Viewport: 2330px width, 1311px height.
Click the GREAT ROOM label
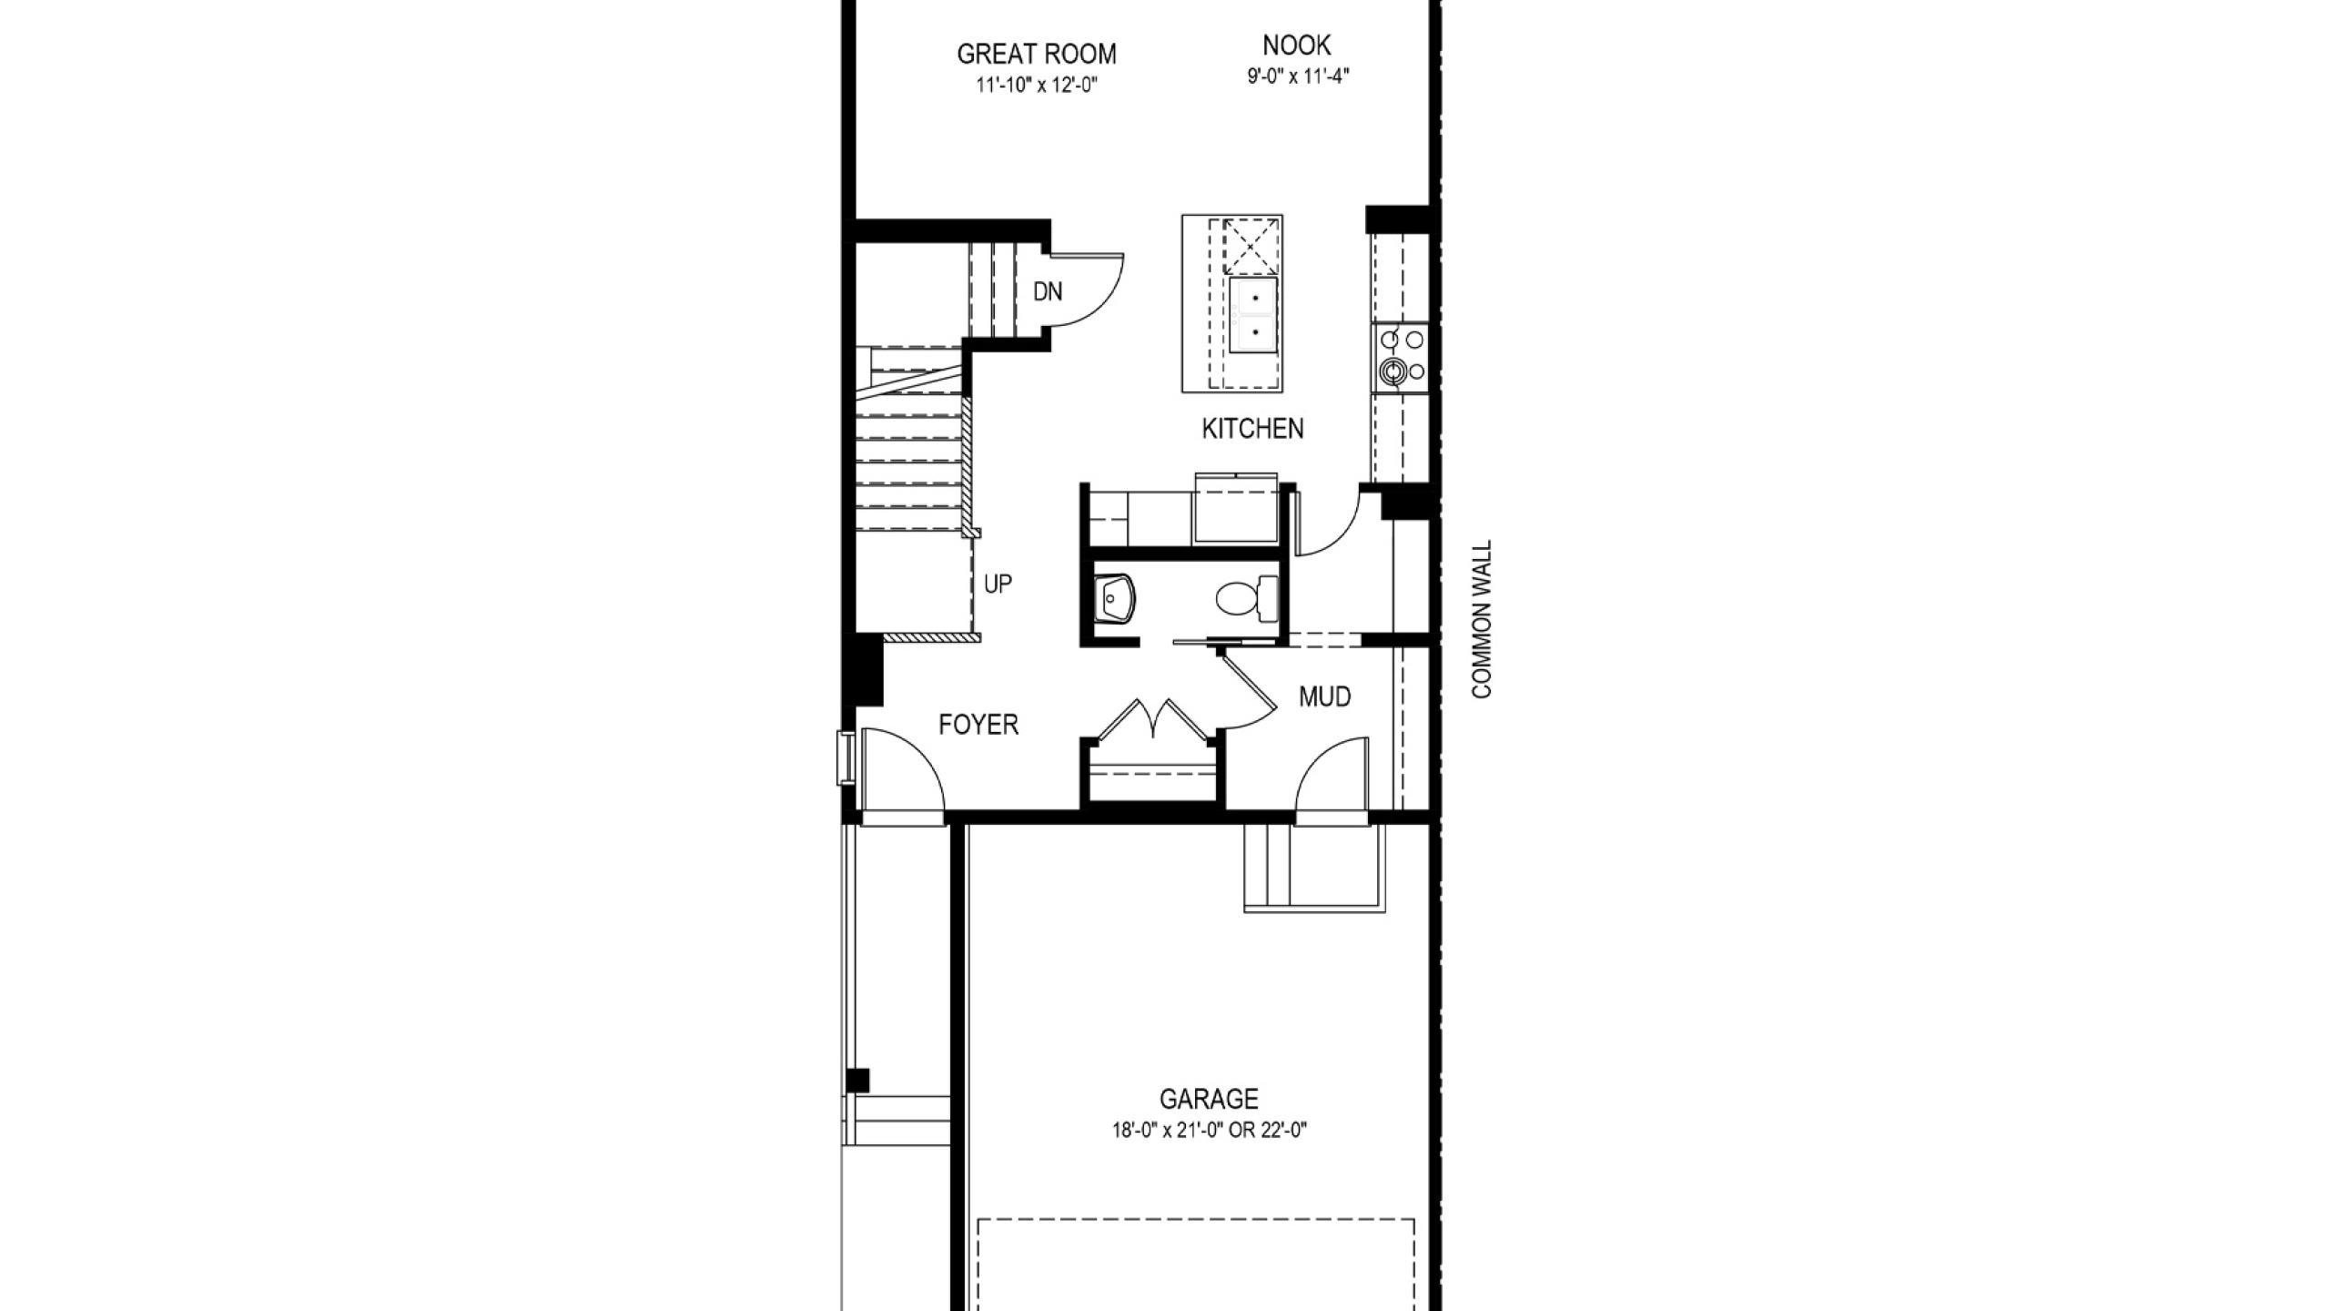pos(1036,55)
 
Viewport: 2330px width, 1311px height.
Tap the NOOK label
pos(1297,45)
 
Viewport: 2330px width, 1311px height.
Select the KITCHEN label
pos(1252,429)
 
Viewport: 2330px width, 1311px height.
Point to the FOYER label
pos(978,725)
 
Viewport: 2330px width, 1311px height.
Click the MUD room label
pos(1324,697)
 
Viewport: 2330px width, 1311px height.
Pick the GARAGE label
pos(1209,1099)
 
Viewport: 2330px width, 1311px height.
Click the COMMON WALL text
pos(1483,620)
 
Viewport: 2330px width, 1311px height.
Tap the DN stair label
pos(1048,291)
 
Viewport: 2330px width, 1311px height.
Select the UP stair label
pos(998,584)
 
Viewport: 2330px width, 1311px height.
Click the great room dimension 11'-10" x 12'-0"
pos(1036,86)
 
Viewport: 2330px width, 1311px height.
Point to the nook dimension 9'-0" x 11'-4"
pos(1297,76)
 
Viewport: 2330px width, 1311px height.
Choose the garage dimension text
pos(1209,1131)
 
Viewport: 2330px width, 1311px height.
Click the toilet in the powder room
pos(1247,598)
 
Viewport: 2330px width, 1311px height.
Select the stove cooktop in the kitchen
pos(1401,358)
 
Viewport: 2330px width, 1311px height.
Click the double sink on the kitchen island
pos(1254,314)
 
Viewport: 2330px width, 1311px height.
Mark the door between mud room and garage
pos(1331,774)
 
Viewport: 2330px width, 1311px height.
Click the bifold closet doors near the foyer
pos(1154,719)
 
